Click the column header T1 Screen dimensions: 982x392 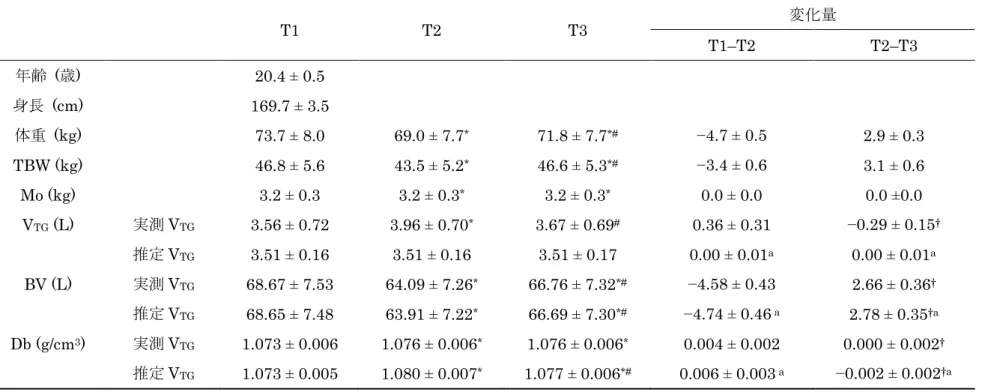pyautogui.click(x=289, y=31)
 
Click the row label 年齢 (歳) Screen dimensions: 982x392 pyautogui.click(x=48, y=76)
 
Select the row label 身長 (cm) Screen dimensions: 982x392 pyautogui.click(x=49, y=106)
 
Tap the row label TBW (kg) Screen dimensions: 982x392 pyautogui.click(x=49, y=165)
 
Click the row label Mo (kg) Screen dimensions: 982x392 pyautogui.click(x=49, y=195)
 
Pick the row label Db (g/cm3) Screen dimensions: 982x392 pyautogui.click(x=49, y=344)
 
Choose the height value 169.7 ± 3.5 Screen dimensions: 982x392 pyautogui.click(x=289, y=106)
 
